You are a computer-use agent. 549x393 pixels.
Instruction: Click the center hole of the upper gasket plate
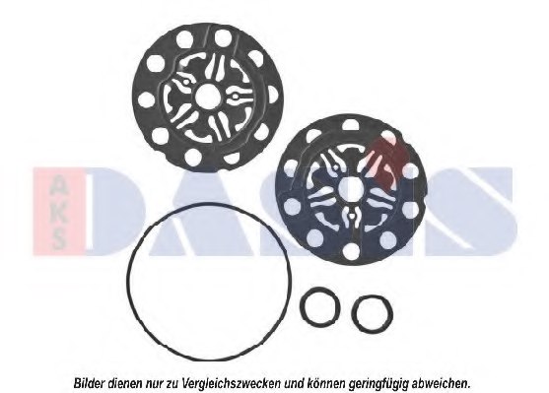[207, 96]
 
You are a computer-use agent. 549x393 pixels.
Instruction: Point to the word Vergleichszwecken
[232, 383]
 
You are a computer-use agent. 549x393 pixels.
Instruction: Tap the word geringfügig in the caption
[378, 383]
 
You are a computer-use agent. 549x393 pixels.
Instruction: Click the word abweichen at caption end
[441, 383]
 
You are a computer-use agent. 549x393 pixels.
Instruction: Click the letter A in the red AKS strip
[58, 184]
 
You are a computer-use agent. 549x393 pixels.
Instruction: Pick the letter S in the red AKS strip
[58, 238]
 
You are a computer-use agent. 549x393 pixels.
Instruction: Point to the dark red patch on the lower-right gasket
[387, 158]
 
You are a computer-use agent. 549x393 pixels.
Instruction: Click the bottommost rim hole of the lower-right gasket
[351, 251]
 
